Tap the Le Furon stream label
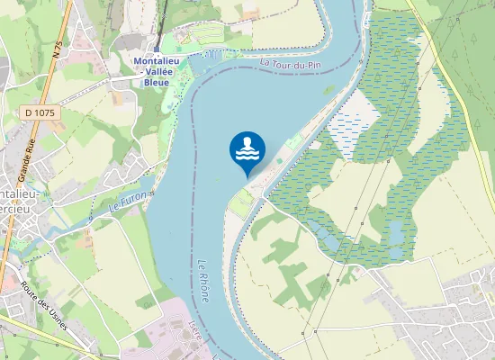tap(127, 201)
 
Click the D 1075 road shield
tap(40, 112)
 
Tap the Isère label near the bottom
tap(194, 337)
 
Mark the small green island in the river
tap(330, 89)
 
